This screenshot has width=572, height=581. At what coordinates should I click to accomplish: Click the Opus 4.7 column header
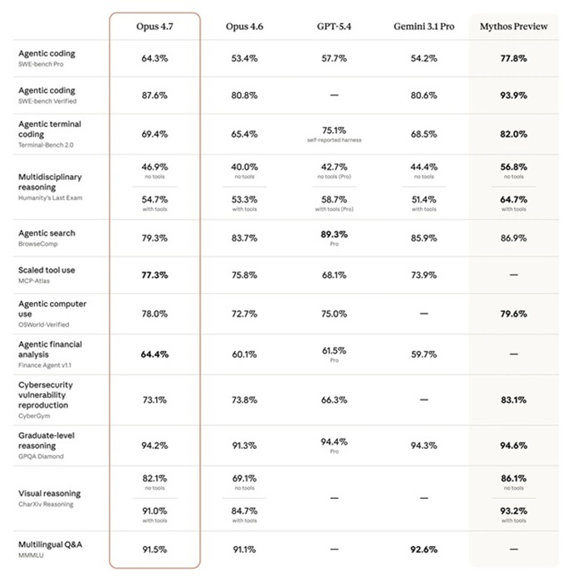tap(154, 27)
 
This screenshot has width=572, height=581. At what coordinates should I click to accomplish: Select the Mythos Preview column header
tap(514, 27)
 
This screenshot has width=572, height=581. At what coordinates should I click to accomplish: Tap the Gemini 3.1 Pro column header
tap(423, 27)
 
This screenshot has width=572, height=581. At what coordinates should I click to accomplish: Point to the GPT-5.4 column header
tap(334, 27)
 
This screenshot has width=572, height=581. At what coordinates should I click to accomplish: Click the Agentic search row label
tap(46, 233)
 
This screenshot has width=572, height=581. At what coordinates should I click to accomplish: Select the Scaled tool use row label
tap(47, 271)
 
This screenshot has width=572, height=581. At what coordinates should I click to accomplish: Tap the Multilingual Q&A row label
tap(50, 544)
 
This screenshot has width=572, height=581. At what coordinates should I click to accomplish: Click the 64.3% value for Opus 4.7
tap(154, 59)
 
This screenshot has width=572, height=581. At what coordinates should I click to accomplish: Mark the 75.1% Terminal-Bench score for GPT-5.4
tap(334, 130)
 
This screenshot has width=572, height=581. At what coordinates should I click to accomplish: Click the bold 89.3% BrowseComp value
tap(334, 235)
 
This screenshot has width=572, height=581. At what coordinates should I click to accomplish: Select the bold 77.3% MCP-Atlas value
tap(154, 275)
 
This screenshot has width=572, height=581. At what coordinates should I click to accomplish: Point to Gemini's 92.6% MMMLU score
tap(423, 549)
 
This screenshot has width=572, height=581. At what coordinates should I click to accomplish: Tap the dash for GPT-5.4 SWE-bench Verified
tap(334, 95)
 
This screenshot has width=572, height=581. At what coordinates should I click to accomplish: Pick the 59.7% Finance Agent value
tap(423, 354)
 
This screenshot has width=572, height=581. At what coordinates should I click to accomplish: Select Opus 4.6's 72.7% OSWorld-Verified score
tap(244, 314)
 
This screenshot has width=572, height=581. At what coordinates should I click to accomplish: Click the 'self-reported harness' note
tap(334, 140)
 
